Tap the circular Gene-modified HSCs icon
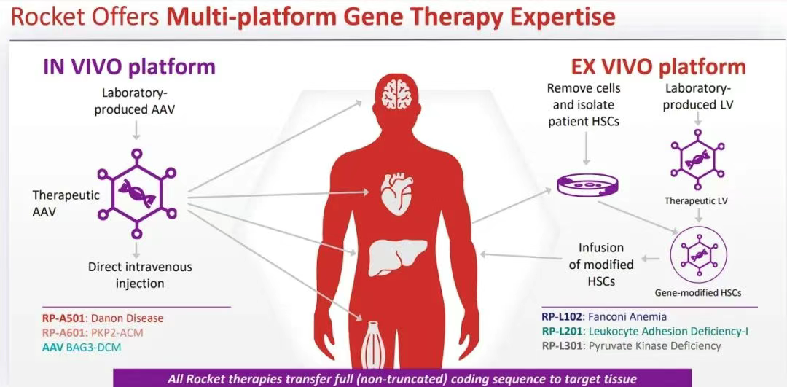coord(697,256)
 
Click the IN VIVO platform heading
coord(128,67)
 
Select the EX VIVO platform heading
coord(658,68)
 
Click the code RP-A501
coord(64,318)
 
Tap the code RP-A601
coord(64,333)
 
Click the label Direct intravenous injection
coord(140,275)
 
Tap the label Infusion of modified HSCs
coord(601,265)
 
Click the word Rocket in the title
coord(44,16)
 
